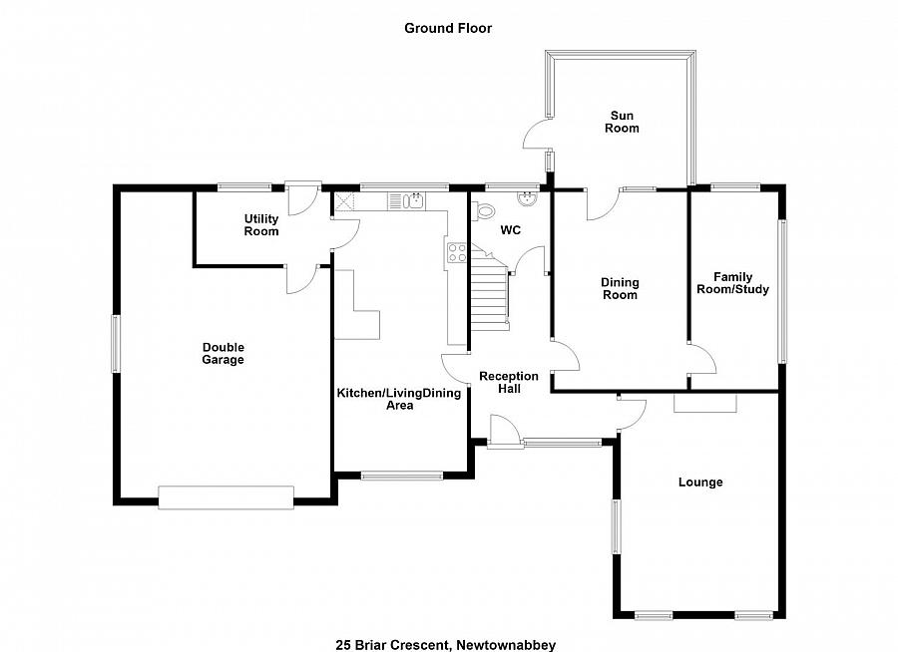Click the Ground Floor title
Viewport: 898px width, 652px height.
(x=448, y=28)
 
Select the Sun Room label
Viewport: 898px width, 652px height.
(x=624, y=122)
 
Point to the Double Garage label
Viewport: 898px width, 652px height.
(x=223, y=353)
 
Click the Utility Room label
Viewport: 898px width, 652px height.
(x=261, y=224)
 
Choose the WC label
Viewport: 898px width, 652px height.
(x=510, y=230)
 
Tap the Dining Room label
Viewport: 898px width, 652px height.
(x=619, y=288)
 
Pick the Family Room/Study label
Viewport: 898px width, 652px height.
(x=732, y=283)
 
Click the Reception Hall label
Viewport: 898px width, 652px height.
(x=509, y=382)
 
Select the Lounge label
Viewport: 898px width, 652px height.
(x=700, y=483)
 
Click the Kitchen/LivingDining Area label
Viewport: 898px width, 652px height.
(x=399, y=399)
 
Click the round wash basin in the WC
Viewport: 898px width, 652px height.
(x=530, y=198)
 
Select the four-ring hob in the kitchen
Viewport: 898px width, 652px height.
(x=457, y=252)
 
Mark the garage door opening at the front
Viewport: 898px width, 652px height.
(x=225, y=496)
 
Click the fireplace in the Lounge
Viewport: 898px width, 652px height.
(x=705, y=402)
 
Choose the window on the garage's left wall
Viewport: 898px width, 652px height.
(x=117, y=344)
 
